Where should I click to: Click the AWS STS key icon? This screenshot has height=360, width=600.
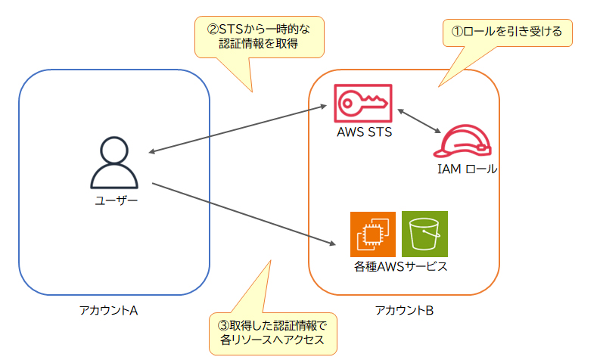(362, 104)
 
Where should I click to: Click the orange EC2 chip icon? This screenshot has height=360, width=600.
(373, 234)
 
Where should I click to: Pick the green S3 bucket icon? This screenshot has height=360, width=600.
(424, 234)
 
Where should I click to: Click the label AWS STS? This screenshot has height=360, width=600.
(362, 133)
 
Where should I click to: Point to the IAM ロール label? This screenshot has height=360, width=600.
(468, 169)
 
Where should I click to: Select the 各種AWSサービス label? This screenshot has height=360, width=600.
(400, 267)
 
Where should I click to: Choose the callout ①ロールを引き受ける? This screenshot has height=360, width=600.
(506, 33)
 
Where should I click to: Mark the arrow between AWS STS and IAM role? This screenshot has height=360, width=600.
(420, 122)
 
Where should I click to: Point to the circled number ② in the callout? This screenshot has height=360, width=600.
(213, 29)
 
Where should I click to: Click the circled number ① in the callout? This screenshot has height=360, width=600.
(456, 33)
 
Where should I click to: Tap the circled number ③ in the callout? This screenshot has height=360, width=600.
(223, 326)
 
